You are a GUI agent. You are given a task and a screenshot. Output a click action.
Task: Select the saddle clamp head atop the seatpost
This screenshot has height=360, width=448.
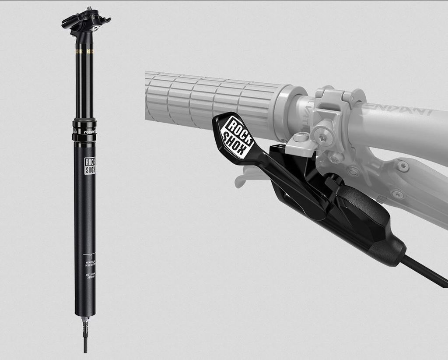click(x=86, y=22)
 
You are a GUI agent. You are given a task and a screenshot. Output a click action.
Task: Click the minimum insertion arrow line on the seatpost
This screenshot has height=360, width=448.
click(x=90, y=254)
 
